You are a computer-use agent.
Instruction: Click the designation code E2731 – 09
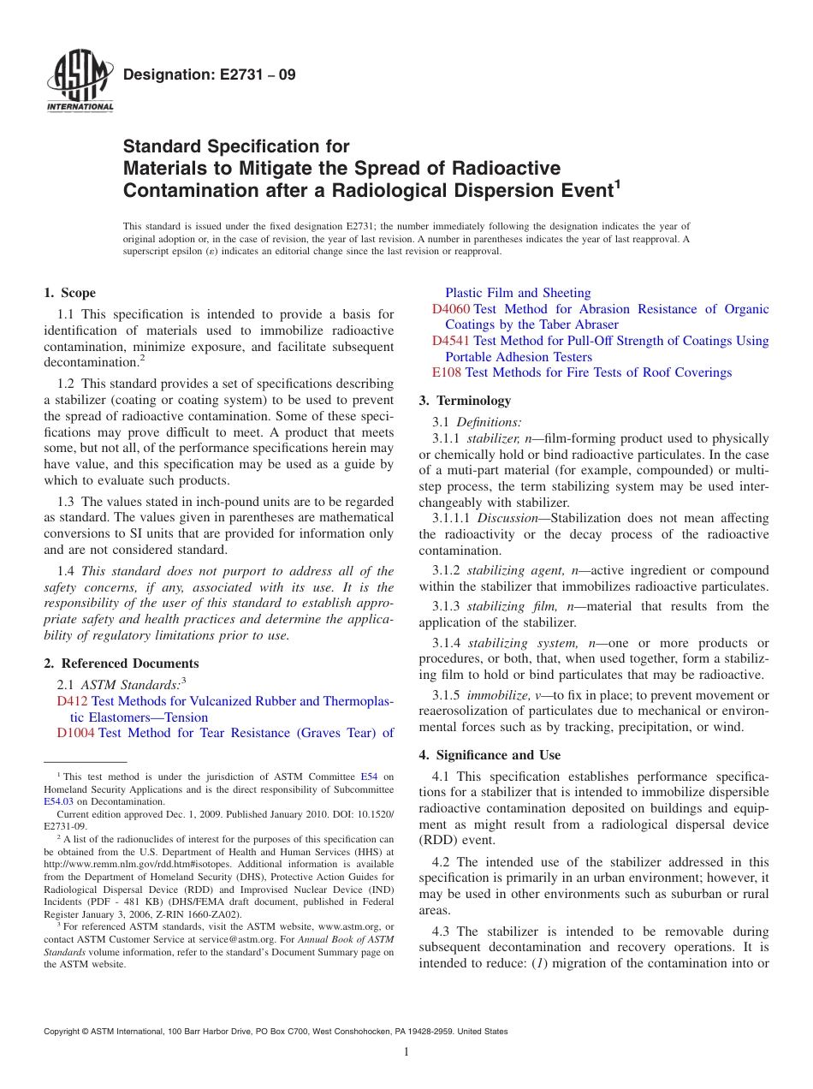coord(210,74)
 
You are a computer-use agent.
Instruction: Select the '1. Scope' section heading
coord(70,293)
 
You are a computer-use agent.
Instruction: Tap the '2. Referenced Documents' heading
coord(121,664)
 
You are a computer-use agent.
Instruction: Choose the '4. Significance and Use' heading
coord(490,755)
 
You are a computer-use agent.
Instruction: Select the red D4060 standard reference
coord(451,309)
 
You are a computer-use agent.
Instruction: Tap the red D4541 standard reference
coord(451,341)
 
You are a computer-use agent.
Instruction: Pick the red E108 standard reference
coord(447,372)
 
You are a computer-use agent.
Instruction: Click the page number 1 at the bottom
coord(406,1051)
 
